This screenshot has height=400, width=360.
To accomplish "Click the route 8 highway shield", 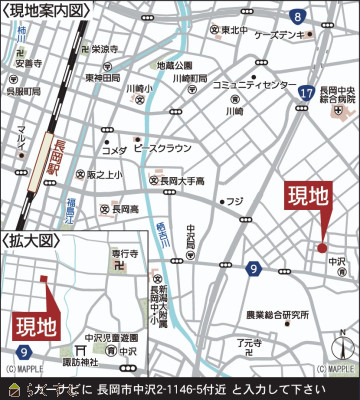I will (x=297, y=17).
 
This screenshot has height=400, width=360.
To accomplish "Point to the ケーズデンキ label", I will (x=280, y=34).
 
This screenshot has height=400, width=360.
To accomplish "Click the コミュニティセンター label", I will (x=254, y=85).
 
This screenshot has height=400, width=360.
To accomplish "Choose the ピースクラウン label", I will (x=161, y=148).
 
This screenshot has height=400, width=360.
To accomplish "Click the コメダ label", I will (x=115, y=150).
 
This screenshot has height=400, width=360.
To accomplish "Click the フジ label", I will (x=235, y=201).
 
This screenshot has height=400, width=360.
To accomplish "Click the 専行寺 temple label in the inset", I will (x=123, y=254).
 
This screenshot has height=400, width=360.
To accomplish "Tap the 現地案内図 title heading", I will (x=47, y=10).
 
